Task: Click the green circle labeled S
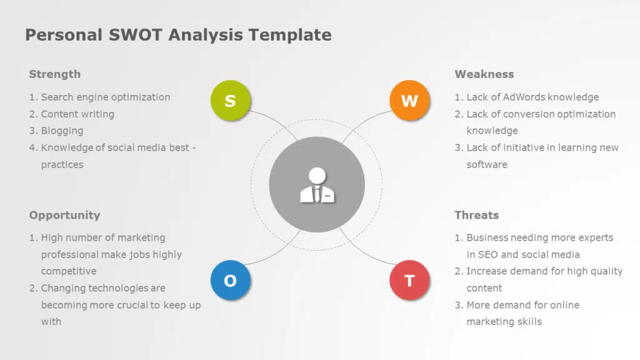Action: [x=230, y=101]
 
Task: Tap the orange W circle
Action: [x=409, y=101]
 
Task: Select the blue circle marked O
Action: [x=230, y=281]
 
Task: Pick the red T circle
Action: [x=409, y=281]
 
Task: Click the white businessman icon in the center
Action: [x=317, y=186]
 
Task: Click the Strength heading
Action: [x=55, y=74]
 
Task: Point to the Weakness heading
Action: [x=484, y=74]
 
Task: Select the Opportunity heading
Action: [x=64, y=215]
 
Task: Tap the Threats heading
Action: [x=476, y=215]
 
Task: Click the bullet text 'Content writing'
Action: [x=77, y=114]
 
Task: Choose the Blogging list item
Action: [x=62, y=131]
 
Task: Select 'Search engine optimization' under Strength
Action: [x=105, y=97]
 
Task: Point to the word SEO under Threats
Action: [x=487, y=255]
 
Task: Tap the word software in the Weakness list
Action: [x=487, y=165]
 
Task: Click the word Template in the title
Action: [x=290, y=34]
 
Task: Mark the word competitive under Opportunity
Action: [x=69, y=272]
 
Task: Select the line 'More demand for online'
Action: [x=522, y=306]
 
